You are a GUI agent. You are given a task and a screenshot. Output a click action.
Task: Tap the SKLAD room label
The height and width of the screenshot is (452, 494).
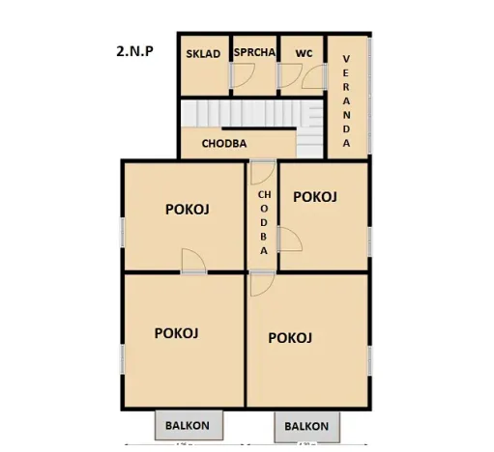point(203,54)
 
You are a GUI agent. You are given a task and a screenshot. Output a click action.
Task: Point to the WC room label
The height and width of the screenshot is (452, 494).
point(303,54)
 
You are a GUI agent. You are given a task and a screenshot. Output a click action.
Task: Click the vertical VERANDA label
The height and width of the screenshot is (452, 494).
point(346,100)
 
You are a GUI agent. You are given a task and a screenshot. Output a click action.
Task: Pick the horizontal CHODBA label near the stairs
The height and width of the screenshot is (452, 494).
point(224,144)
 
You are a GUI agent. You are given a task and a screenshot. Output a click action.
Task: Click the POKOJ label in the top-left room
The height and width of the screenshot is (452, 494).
point(188,209)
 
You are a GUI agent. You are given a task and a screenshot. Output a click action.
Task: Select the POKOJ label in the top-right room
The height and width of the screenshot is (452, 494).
point(314,197)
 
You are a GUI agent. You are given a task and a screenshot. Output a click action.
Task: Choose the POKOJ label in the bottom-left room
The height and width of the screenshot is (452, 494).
point(177,333)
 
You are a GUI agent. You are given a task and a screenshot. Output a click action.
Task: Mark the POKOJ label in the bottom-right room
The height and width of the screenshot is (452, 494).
point(290,337)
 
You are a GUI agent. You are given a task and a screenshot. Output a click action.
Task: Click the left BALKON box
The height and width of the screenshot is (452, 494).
point(189,424)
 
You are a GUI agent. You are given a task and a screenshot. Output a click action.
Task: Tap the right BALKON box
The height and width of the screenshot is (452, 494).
point(305,425)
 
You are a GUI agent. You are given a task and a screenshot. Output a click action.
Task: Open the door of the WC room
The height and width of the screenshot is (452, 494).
point(290,78)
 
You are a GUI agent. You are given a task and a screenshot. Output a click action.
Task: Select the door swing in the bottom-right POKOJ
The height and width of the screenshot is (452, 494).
point(260,284)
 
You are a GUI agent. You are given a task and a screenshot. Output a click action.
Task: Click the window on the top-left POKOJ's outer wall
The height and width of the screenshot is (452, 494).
point(122,232)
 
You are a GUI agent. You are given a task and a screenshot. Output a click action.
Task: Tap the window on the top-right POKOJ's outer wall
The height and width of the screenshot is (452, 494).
point(368,238)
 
